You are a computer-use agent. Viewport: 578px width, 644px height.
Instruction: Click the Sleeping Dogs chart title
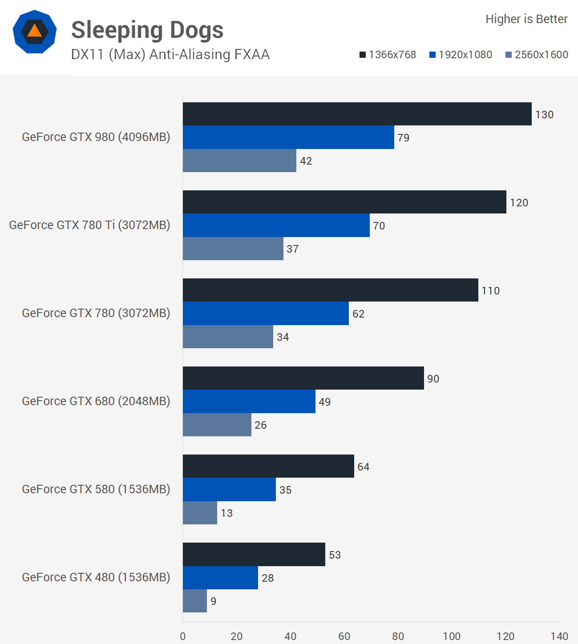click(x=147, y=30)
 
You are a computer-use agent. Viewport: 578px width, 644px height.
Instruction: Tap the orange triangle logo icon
click(x=34, y=32)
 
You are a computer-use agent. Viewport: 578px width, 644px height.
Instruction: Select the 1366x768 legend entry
click(x=388, y=55)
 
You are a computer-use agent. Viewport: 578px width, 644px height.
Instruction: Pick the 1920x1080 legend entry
click(x=461, y=55)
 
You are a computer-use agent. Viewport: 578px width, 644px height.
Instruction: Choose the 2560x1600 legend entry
click(x=537, y=55)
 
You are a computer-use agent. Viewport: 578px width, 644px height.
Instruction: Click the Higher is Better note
click(x=526, y=19)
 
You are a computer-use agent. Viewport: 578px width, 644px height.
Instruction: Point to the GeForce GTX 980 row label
click(x=96, y=137)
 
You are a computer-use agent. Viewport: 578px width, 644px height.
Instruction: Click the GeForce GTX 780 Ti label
click(x=89, y=225)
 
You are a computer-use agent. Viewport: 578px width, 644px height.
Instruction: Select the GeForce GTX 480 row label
click(x=96, y=577)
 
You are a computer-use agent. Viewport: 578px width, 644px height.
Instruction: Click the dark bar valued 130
click(x=357, y=114)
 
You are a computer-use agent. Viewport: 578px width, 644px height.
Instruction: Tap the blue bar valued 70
click(x=276, y=225)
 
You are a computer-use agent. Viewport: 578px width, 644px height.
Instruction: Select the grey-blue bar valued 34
click(x=228, y=337)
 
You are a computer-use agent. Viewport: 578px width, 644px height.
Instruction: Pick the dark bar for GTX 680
click(x=303, y=378)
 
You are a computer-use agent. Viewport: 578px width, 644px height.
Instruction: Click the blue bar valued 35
click(x=229, y=489)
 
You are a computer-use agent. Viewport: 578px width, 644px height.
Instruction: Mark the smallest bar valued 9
click(x=195, y=601)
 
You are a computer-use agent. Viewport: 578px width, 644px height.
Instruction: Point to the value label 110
click(x=491, y=291)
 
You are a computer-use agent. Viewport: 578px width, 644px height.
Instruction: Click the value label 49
click(x=325, y=402)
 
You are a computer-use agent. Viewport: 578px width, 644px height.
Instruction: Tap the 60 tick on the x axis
click(x=344, y=636)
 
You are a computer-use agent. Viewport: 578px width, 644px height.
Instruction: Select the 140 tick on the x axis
click(x=559, y=636)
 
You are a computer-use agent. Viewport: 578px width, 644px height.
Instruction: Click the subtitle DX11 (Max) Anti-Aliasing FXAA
click(x=170, y=54)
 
